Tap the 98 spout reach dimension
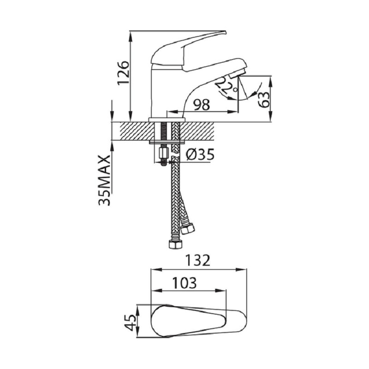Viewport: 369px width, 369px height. point(202,105)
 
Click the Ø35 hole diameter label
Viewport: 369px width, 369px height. point(200,155)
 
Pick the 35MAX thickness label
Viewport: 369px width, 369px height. point(105,180)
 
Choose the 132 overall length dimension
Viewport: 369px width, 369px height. point(198,261)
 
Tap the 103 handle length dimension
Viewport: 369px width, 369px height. point(184,283)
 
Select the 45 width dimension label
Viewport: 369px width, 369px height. point(130,322)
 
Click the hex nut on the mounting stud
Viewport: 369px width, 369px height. point(163,153)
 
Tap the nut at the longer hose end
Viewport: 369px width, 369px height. point(176,244)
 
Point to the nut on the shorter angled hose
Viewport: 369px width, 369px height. point(188,228)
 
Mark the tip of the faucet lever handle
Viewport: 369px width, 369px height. point(226,31)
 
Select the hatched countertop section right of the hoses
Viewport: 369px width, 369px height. point(197,131)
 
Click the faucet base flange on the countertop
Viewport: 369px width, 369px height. point(167,119)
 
